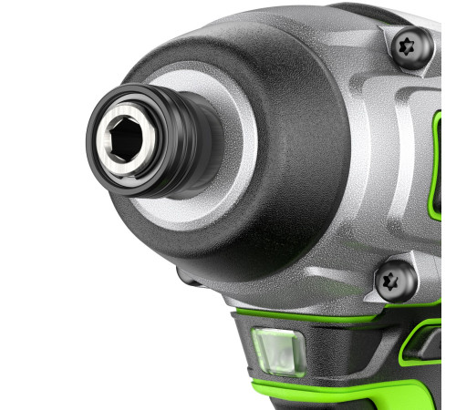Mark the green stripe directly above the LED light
[x=301, y=318]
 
